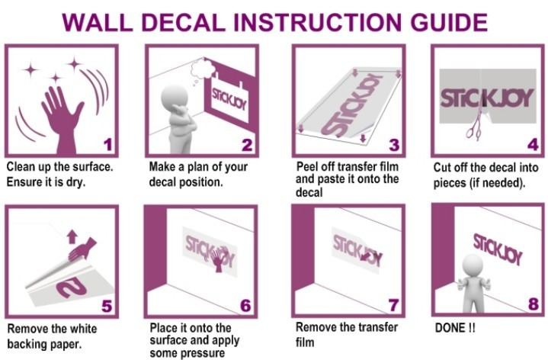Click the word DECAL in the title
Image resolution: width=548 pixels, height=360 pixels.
tap(184, 23)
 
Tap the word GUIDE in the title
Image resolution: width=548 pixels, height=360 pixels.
tap(449, 23)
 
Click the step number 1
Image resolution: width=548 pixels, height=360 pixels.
tap(107, 144)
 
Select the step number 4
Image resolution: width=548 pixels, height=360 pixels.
tap(533, 144)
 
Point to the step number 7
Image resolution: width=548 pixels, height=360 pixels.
tap(393, 305)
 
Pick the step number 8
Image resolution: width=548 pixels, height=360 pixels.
tap(534, 304)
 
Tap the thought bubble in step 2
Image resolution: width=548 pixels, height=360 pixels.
tap(202, 69)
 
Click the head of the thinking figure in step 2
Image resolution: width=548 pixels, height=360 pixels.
tap(175, 98)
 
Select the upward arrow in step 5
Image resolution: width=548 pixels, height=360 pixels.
tap(72, 236)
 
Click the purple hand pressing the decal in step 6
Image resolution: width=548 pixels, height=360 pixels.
tap(218, 259)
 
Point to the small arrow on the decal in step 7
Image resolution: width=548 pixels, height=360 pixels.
tap(366, 257)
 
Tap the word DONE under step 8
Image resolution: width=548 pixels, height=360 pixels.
tap(450, 328)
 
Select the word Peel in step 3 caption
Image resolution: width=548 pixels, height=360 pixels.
tap(308, 166)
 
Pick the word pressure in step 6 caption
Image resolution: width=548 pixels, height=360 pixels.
tap(204, 353)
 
